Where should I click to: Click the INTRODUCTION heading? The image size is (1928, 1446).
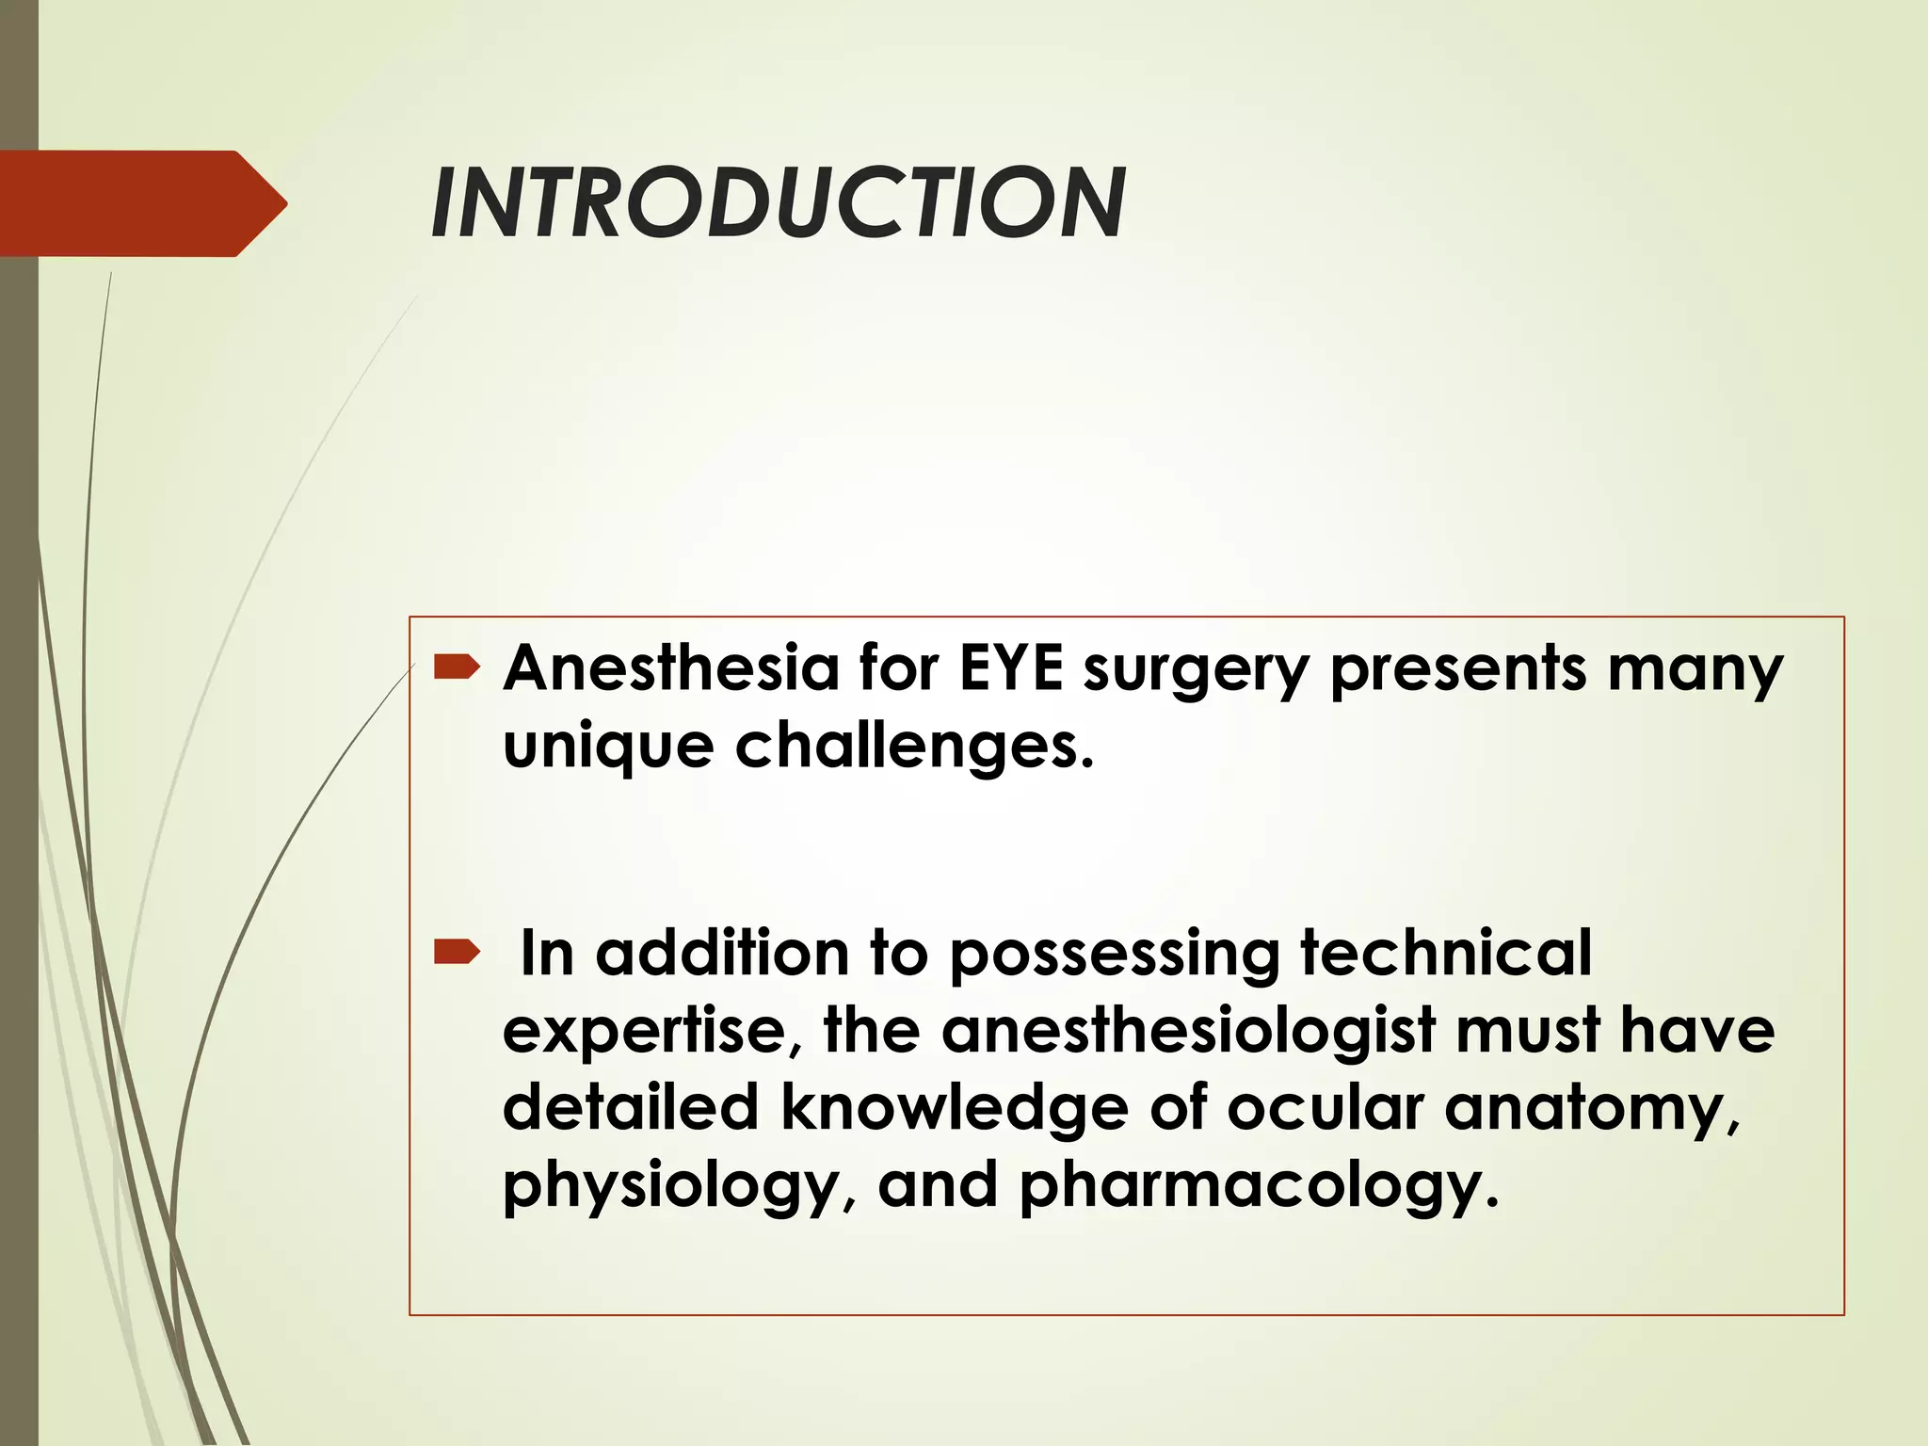coord(778,203)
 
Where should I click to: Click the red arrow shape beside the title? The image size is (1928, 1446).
coord(141,203)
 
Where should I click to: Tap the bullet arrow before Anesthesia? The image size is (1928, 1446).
coord(457,668)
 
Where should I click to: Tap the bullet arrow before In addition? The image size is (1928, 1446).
coord(457,955)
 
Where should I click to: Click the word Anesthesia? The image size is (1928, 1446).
coord(670,668)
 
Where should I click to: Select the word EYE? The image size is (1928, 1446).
coord(1011,668)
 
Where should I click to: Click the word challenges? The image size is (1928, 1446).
coord(914,747)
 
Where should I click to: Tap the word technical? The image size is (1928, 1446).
coord(1446,953)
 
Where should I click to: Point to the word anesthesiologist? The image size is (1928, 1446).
coord(1188,1030)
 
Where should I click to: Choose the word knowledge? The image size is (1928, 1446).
coord(954,1109)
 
